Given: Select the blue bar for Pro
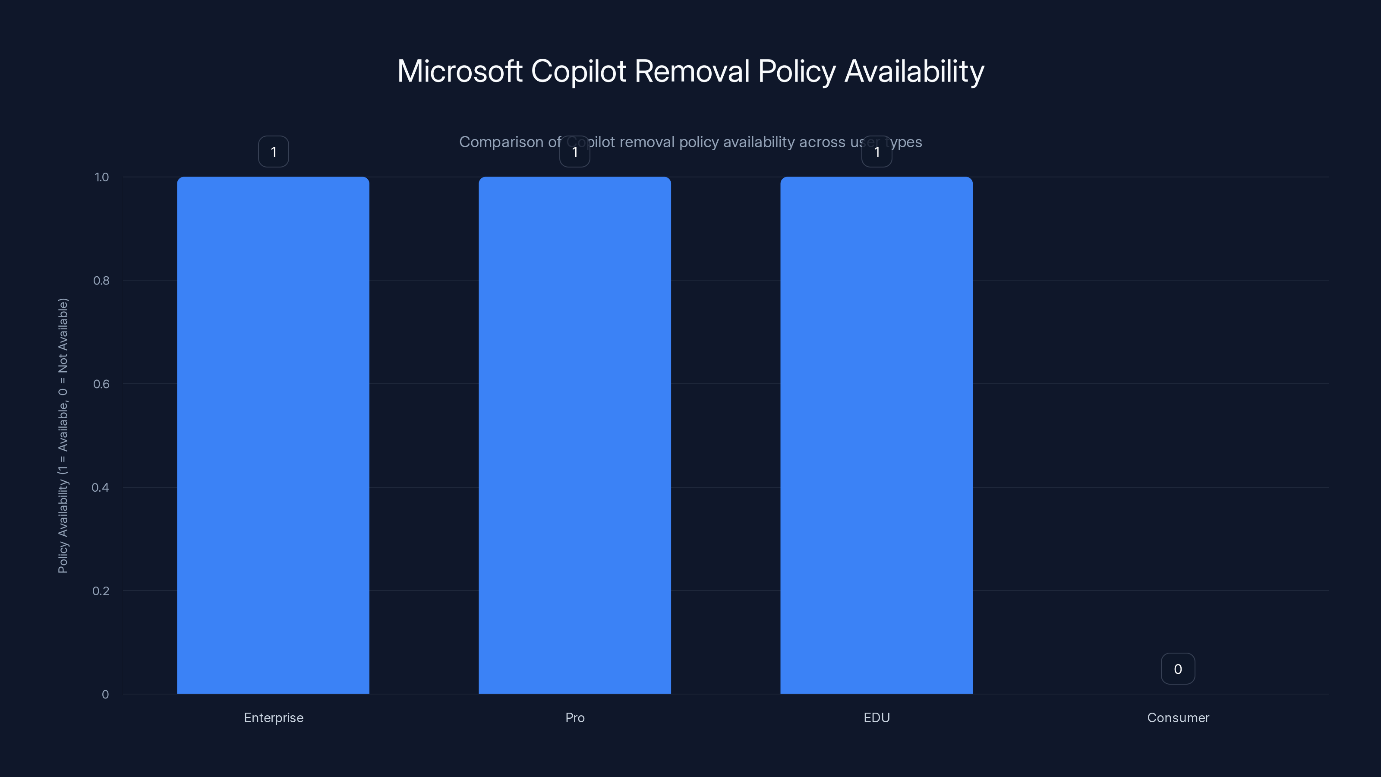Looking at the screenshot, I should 575,435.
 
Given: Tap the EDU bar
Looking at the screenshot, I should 876,435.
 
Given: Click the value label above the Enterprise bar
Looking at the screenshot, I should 274,152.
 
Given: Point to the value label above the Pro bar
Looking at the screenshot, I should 575,152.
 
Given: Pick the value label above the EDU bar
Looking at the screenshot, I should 877,152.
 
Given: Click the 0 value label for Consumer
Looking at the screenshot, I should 1178,669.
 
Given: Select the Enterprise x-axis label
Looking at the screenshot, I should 274,717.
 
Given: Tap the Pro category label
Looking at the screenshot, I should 575,717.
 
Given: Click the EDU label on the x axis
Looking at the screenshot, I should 877,717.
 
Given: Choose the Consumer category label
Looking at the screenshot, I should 1178,717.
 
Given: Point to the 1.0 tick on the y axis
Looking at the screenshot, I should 101,177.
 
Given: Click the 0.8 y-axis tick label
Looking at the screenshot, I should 101,281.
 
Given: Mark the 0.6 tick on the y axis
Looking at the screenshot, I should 101,384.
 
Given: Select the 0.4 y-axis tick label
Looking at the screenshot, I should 100,487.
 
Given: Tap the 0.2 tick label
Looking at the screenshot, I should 101,591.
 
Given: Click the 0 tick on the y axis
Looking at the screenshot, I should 105,695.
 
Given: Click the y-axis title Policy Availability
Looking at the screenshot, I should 63,436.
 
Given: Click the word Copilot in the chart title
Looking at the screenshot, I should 578,71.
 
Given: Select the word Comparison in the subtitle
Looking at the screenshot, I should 501,142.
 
